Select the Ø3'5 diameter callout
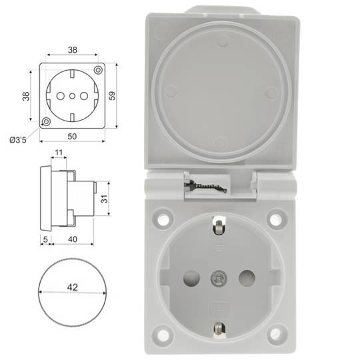click(18, 139)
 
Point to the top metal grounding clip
click(217, 226)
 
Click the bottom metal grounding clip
click(217, 327)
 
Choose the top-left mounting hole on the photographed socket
click(161, 219)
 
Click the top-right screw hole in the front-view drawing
click(98, 70)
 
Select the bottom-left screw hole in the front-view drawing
click(45, 121)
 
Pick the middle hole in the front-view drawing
click(69, 96)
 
